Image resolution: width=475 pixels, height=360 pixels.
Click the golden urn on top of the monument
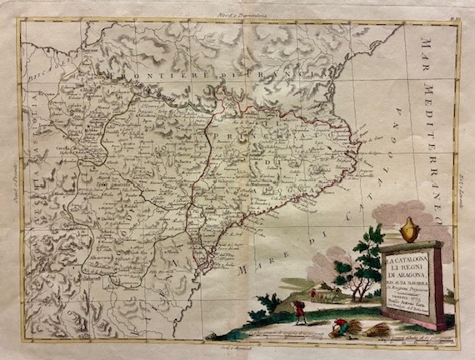click(409, 229)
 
